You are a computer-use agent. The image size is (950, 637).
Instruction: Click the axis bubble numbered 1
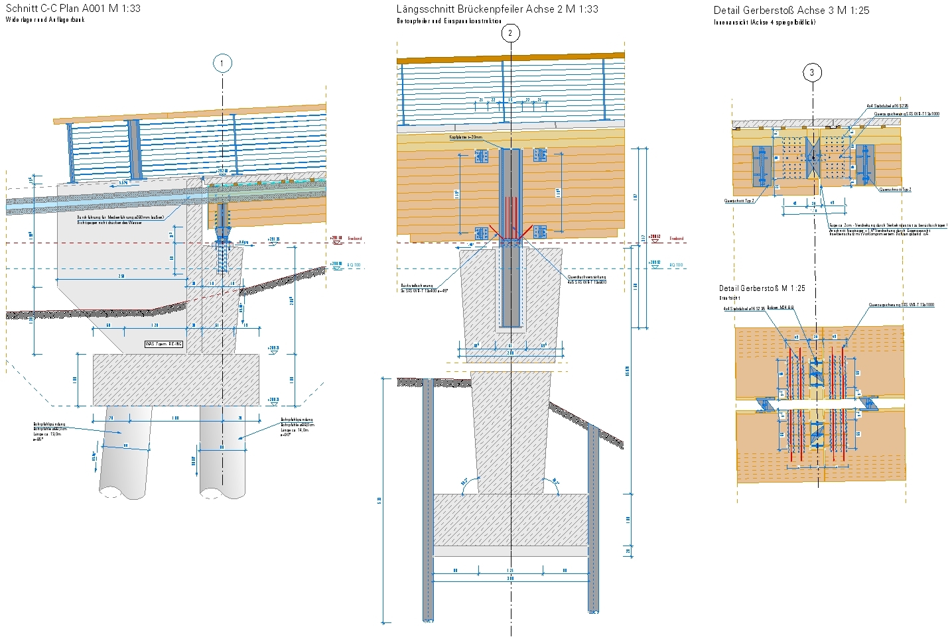[x=222, y=64]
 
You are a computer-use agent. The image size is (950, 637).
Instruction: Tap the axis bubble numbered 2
[x=510, y=33]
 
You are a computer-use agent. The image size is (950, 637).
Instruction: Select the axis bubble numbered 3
[x=812, y=72]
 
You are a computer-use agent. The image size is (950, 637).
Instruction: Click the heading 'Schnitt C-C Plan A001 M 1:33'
[x=73, y=9]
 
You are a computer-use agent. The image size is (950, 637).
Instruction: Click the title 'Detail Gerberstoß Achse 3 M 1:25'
[x=791, y=10]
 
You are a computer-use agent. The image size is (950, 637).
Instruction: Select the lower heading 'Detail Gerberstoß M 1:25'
[x=762, y=288]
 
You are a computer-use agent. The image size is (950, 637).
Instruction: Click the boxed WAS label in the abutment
[x=164, y=344]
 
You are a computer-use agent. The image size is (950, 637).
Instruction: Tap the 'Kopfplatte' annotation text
[x=466, y=137]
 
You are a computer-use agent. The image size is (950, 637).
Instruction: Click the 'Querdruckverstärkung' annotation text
[x=586, y=277]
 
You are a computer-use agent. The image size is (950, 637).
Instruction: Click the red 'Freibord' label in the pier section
[x=676, y=239]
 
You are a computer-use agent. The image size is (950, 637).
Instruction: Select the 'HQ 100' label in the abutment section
[x=354, y=265]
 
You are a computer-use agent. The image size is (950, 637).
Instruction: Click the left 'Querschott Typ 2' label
[x=738, y=201]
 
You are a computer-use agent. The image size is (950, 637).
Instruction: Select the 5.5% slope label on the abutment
[x=123, y=183]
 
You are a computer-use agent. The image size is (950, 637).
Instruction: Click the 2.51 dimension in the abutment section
[x=121, y=276]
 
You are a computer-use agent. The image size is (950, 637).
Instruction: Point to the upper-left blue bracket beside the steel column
[x=481, y=156]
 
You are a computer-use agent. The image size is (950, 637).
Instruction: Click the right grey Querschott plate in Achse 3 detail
[x=863, y=165]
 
